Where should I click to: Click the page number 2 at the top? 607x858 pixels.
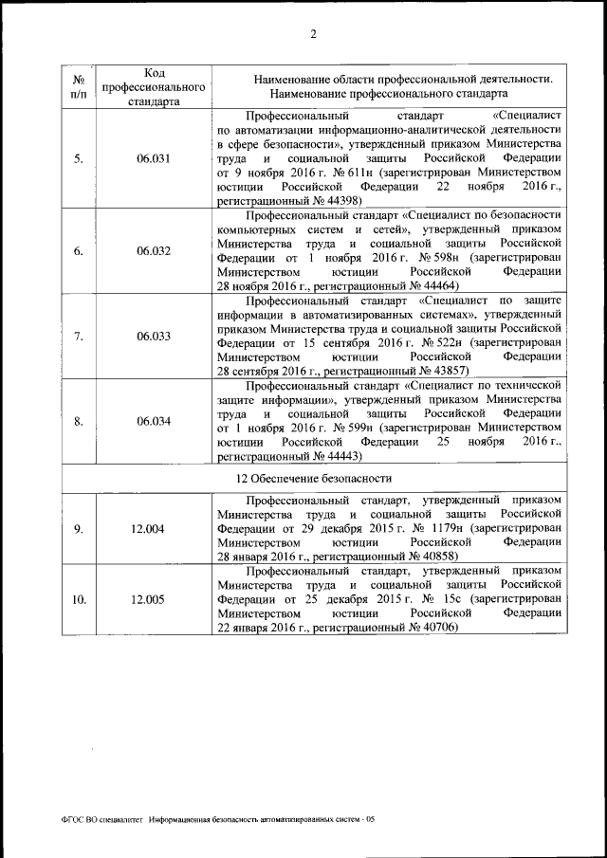coord(313,35)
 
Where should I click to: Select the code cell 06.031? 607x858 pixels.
coord(153,158)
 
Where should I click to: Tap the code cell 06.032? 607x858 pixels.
coord(153,251)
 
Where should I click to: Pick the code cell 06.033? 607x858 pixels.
coord(153,336)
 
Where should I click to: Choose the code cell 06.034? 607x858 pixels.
coord(153,421)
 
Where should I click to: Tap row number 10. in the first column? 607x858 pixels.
coord(79,599)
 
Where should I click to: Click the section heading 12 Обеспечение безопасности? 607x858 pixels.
coord(313,478)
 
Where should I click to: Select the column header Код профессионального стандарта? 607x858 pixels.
coord(153,86)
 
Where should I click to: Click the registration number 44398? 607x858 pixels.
coord(350,202)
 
